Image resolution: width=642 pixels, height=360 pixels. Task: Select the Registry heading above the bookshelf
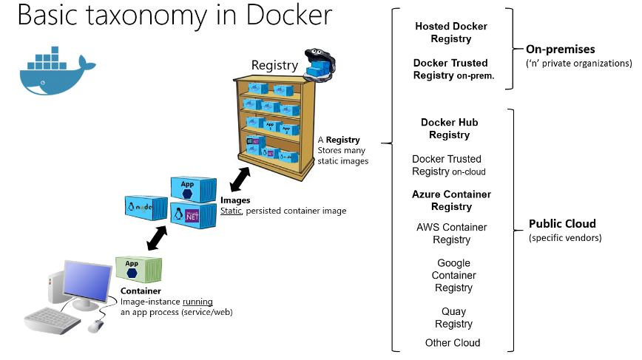pyautogui.click(x=274, y=65)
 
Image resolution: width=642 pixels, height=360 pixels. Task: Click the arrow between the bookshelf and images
pyautogui.click(x=239, y=179)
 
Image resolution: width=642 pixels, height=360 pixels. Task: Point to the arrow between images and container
pyautogui.click(x=156, y=237)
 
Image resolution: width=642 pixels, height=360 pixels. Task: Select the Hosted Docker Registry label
pyautogui.click(x=450, y=33)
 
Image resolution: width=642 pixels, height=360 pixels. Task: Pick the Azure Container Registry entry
pyautogui.click(x=451, y=200)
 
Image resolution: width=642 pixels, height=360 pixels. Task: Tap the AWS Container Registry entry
pyautogui.click(x=451, y=234)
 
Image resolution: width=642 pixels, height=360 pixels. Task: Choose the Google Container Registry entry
pyautogui.click(x=453, y=275)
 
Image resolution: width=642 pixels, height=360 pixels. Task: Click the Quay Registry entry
pyautogui.click(x=453, y=318)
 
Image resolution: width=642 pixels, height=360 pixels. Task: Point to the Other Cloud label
pyautogui.click(x=453, y=343)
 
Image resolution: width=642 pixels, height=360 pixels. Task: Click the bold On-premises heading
pyautogui.click(x=560, y=50)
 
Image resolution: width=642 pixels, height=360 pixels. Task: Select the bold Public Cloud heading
pyautogui.click(x=562, y=224)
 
